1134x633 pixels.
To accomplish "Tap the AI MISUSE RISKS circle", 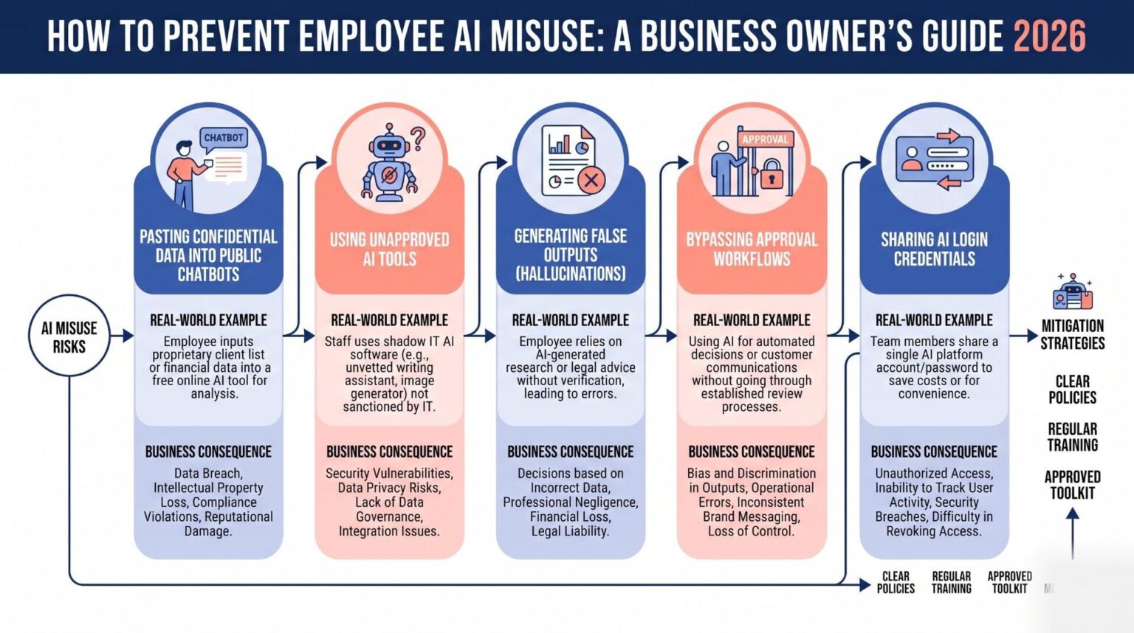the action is coord(69,336).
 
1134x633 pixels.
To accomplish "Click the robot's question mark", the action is coord(418,139).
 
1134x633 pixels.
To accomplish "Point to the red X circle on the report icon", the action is coord(591,179).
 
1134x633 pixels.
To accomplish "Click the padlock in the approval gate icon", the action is coord(771,173).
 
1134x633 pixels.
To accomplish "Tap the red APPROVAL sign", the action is coord(765,139).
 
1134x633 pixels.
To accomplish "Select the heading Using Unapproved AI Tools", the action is coord(389,249).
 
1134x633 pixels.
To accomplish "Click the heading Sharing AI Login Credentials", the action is coord(934,249).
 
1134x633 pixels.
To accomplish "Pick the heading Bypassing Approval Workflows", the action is coord(752,249).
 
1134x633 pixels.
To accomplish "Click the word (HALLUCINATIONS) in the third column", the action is coord(571,274).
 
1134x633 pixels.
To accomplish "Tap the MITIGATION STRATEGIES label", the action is coord(1073,334).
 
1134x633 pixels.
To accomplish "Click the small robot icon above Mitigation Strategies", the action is coord(1073,291).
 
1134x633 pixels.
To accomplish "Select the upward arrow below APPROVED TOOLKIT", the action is coord(1072,533).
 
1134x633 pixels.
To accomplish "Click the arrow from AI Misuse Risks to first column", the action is coord(122,336).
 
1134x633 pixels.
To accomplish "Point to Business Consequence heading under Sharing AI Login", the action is coord(934,452).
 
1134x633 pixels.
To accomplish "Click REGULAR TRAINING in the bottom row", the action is coord(951,582).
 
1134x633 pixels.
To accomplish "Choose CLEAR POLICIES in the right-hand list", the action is coord(1072,389).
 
